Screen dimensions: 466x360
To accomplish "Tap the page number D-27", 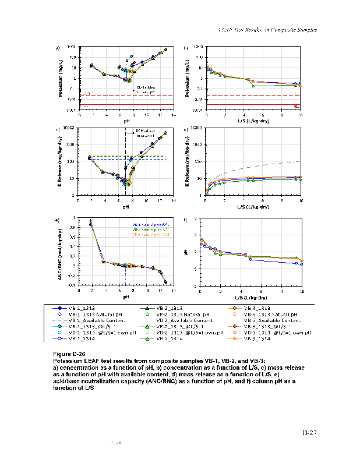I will pos(309,432).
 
